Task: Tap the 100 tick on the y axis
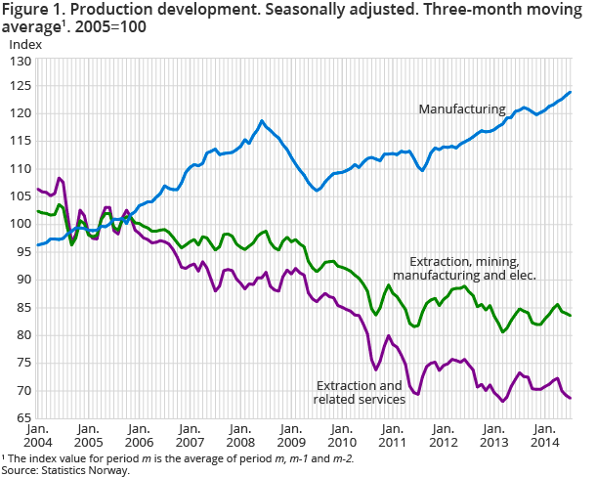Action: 20,224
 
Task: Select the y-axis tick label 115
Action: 20,141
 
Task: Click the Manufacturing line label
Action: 461,108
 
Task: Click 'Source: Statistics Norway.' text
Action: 65,470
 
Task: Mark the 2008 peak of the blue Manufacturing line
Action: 262,121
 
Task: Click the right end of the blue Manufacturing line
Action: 571,92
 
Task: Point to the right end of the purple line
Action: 571,398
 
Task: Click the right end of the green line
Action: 571,316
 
